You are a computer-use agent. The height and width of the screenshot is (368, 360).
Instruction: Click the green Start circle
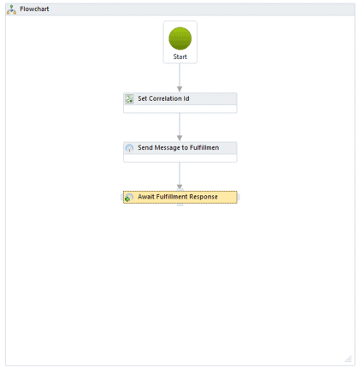180,39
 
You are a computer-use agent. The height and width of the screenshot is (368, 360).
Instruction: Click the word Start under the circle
180,56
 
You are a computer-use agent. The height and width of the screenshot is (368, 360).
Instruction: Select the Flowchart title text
34,9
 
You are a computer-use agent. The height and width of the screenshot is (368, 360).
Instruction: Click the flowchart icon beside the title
11,9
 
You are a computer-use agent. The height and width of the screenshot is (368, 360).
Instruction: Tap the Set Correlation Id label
163,98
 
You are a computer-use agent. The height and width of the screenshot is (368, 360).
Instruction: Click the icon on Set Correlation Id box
129,98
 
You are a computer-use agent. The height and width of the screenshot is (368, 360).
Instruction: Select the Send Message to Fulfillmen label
179,147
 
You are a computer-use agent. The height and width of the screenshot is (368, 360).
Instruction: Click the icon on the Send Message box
129,148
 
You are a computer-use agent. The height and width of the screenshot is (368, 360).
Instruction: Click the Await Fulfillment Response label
178,197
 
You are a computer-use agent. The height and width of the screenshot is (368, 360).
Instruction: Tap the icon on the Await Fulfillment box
129,197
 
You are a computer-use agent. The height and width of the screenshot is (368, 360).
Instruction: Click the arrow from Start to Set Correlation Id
180,78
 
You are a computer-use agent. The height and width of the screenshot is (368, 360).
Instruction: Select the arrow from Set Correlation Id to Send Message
180,127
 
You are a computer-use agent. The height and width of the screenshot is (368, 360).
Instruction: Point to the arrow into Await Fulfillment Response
180,176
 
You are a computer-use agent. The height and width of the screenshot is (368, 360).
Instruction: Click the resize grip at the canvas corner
348,359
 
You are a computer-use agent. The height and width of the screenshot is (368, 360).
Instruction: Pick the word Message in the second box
167,148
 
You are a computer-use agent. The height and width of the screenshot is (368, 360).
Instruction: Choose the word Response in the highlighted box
204,197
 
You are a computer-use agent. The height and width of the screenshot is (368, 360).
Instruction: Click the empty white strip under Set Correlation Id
180,109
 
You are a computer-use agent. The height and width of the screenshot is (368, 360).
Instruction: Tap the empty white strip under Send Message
180,157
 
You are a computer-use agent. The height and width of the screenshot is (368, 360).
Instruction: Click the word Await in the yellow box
146,197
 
